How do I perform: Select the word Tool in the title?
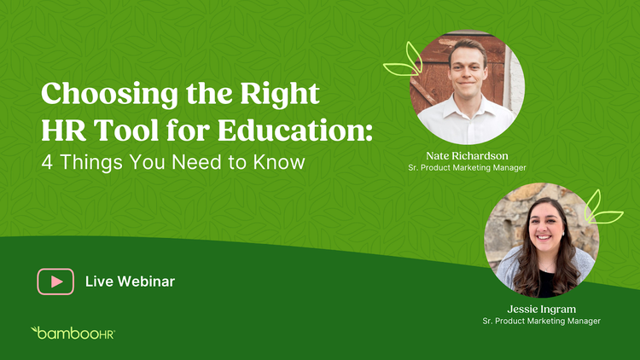click(126, 131)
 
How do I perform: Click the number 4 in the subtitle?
click(47, 162)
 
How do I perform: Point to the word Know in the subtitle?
click(279, 161)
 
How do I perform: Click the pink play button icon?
click(55, 282)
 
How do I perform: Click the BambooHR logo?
click(73, 333)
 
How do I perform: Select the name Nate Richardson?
click(467, 155)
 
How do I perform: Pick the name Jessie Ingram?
click(541, 309)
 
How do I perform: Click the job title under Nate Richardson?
click(467, 167)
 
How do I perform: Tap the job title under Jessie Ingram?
click(541, 321)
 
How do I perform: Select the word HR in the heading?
click(63, 131)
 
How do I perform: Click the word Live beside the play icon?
click(99, 282)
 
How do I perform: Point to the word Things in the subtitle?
click(91, 162)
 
